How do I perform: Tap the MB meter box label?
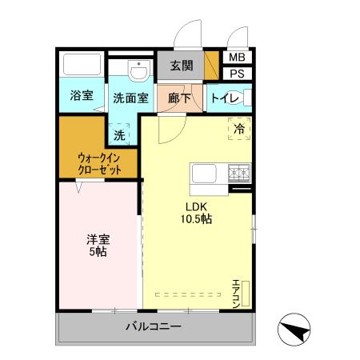point(237,58)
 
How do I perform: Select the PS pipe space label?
point(237,74)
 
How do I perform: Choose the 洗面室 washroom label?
point(130,98)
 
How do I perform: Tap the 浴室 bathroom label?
point(81,96)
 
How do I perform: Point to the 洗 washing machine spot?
point(119,134)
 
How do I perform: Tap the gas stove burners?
point(239,171)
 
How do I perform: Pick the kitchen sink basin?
point(202,172)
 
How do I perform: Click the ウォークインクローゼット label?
point(101,163)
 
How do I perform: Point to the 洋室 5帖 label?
point(97,245)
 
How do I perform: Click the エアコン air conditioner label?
point(237,293)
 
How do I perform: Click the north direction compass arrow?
point(295,330)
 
